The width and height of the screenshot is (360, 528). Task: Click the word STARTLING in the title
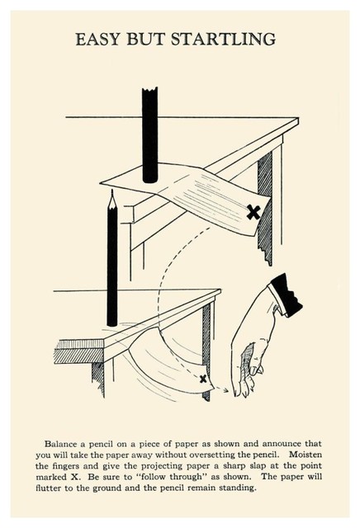223,39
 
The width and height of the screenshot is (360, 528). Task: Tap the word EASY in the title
98,39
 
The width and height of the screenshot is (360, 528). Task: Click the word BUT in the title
145,39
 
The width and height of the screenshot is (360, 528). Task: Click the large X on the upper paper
253,213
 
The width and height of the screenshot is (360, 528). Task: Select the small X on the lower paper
203,379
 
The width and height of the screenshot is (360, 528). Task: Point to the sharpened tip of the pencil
112,191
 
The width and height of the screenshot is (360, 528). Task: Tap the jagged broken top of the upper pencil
149,90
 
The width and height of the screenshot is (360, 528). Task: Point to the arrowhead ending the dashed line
225,390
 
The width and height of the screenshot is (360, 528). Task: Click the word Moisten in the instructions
306,455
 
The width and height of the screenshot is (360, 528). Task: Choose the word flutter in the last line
48,488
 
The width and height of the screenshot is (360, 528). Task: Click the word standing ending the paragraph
238,488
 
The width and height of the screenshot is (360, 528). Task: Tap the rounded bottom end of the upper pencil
150,179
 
